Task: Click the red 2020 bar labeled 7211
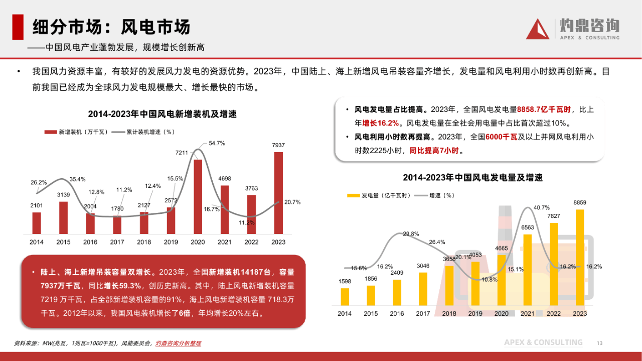pyautogui.click(x=198, y=196)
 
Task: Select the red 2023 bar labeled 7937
pyautogui.click(x=278, y=193)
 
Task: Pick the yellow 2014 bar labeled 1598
pyautogui.click(x=345, y=297)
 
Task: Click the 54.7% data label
pyautogui.click(x=217, y=143)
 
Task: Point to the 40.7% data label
pyautogui.click(x=542, y=207)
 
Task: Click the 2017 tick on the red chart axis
pyautogui.click(x=117, y=242)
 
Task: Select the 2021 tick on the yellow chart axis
pyautogui.click(x=527, y=314)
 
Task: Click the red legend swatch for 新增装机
pyautogui.click(x=50, y=132)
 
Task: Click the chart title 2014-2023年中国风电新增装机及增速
pyautogui.click(x=162, y=114)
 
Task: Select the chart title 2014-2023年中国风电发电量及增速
pyautogui.click(x=472, y=178)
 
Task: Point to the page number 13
pyautogui.click(x=599, y=343)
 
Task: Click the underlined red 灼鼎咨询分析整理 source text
pyautogui.click(x=178, y=343)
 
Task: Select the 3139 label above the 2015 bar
pyautogui.click(x=63, y=194)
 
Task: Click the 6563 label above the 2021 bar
pyautogui.click(x=528, y=227)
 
